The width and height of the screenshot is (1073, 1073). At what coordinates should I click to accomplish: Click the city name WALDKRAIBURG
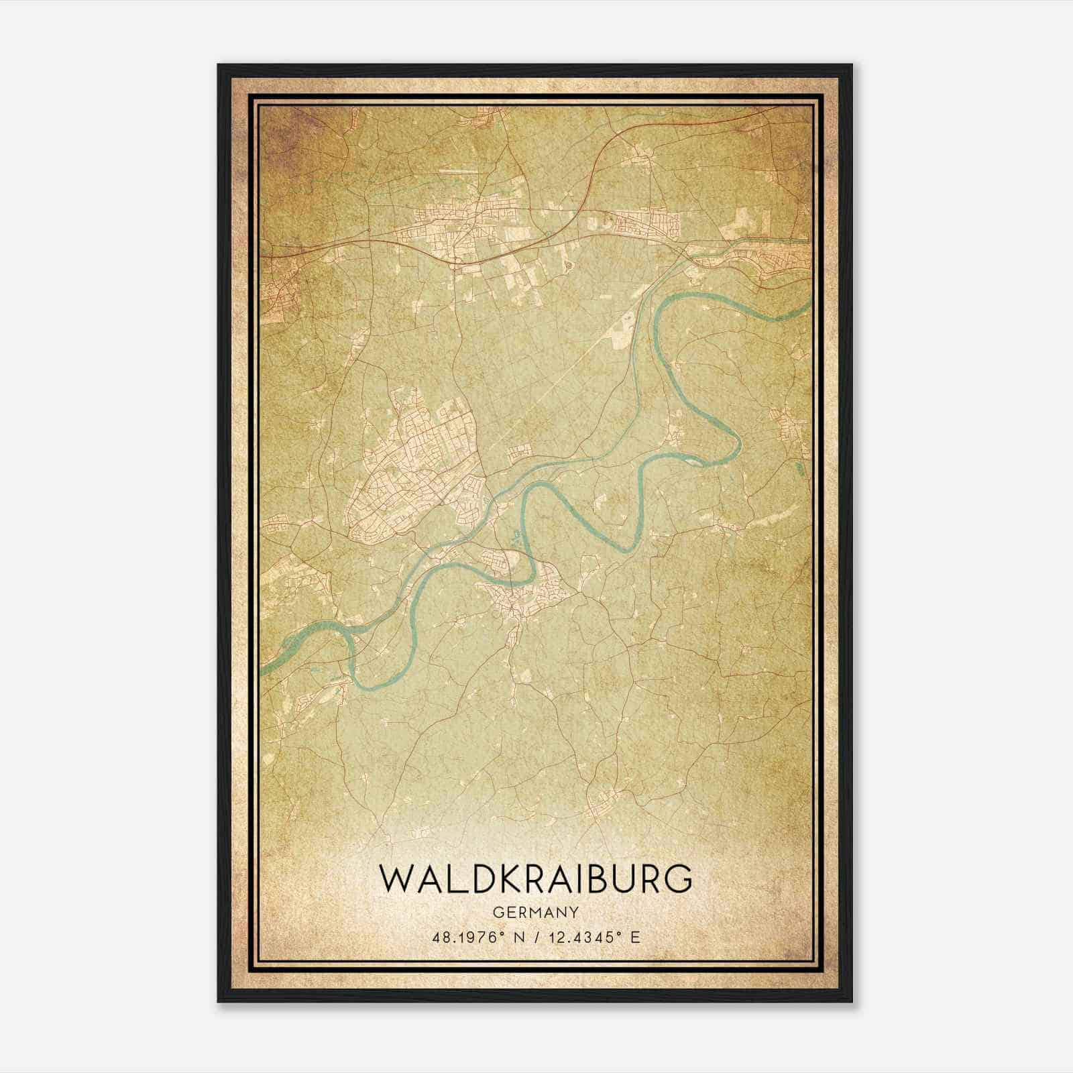click(535, 879)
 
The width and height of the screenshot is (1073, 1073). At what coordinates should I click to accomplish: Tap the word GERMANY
click(535, 912)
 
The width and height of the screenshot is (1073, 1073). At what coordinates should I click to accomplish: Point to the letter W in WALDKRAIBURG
click(395, 879)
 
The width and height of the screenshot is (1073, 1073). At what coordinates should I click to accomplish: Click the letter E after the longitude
click(634, 937)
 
